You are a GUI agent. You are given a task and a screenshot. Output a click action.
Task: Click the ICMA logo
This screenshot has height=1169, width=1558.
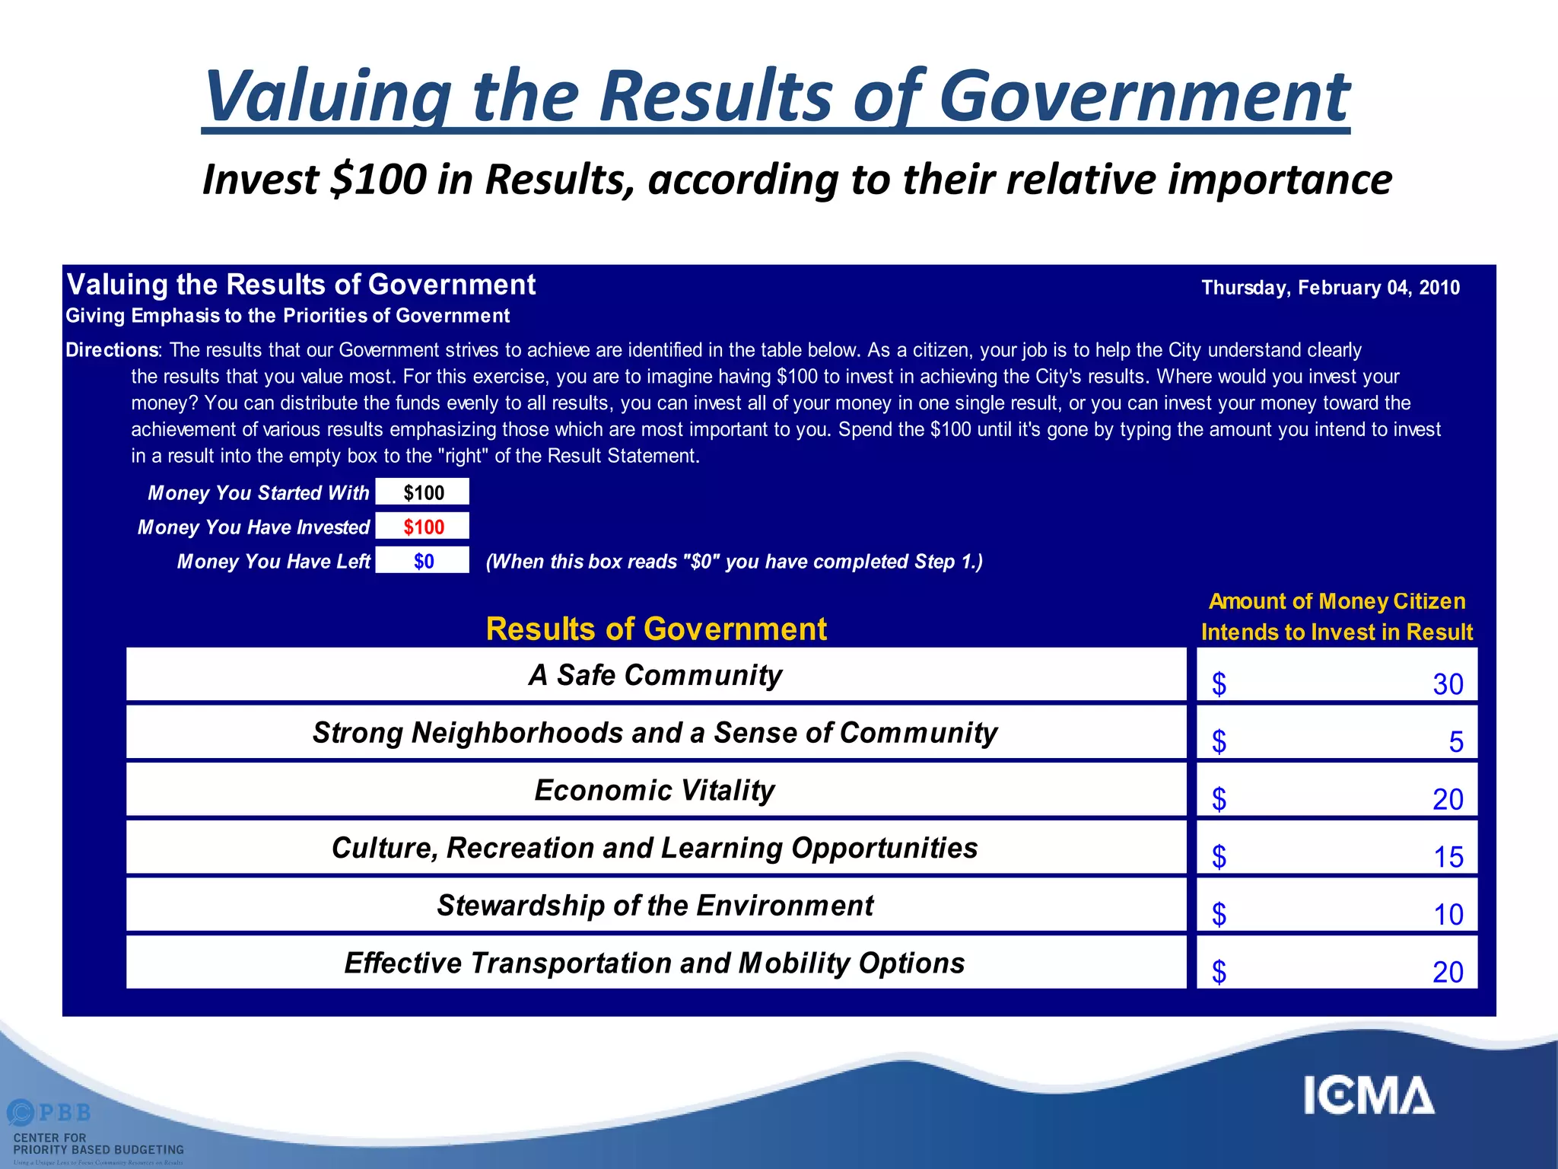(x=1369, y=1096)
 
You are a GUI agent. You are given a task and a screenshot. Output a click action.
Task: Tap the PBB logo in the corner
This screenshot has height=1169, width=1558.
(x=50, y=1113)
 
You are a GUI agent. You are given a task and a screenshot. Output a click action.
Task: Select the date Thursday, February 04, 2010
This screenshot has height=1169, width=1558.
(x=1330, y=288)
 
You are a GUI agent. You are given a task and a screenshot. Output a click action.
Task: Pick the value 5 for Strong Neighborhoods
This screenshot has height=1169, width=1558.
(x=1455, y=742)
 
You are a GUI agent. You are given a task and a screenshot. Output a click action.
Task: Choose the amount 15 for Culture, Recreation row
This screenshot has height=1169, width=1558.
(x=1448, y=857)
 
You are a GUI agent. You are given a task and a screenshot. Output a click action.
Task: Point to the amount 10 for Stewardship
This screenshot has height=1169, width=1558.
(x=1448, y=914)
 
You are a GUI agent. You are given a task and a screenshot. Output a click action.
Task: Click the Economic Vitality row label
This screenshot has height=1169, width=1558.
(x=654, y=790)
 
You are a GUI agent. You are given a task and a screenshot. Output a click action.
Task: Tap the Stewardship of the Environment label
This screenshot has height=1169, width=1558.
(x=655, y=906)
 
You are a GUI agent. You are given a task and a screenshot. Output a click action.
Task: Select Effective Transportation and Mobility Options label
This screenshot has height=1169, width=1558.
(x=654, y=963)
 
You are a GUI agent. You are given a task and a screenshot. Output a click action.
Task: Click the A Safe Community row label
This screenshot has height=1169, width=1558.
(x=655, y=675)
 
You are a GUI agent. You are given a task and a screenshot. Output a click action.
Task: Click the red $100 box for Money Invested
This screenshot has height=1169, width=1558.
(x=423, y=527)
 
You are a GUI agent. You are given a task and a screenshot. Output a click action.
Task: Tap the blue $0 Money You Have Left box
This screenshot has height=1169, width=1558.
(x=423, y=561)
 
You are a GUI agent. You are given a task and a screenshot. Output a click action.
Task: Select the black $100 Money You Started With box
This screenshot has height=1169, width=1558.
(x=423, y=492)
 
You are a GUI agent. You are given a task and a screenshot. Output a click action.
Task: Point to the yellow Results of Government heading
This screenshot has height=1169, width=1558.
(x=656, y=629)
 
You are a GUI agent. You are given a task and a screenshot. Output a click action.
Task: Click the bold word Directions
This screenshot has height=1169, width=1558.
(x=112, y=350)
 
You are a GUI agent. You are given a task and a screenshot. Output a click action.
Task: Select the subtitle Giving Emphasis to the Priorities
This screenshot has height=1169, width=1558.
(x=288, y=316)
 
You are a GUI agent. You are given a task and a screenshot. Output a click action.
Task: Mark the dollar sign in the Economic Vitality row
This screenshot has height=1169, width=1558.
(x=1219, y=799)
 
